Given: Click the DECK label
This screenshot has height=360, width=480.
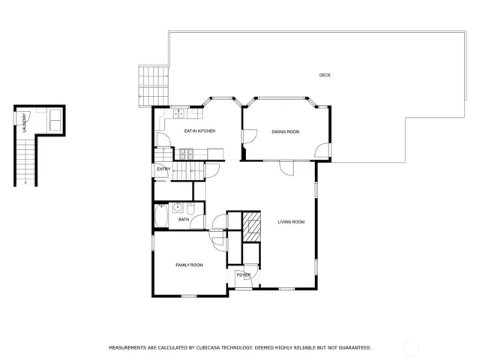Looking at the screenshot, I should [x=325, y=75].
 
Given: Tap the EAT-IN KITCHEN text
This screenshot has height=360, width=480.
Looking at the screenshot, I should [x=199, y=131].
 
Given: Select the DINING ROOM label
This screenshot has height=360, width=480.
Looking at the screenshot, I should [x=285, y=132].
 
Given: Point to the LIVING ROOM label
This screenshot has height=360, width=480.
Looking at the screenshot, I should [x=291, y=221].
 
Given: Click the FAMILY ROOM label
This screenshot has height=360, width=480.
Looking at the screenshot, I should [x=189, y=265].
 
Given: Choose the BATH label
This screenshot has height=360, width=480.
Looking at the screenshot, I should [x=183, y=220].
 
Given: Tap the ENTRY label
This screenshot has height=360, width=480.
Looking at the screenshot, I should [x=163, y=169].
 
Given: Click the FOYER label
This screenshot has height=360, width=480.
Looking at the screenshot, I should [x=244, y=275].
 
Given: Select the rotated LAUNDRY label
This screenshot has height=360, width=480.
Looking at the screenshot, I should [x=24, y=121].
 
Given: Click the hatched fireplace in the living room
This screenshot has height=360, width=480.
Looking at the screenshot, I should [x=253, y=226].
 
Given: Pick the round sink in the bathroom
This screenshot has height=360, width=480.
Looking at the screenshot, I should [x=178, y=208].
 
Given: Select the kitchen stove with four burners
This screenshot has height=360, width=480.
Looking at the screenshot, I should [x=185, y=155].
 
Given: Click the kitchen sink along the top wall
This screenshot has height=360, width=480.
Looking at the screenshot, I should [x=181, y=115].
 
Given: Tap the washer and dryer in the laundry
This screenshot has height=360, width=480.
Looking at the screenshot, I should [x=55, y=120].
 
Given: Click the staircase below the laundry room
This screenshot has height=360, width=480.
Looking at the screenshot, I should [x=25, y=162].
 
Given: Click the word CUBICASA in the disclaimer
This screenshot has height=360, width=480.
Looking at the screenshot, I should [x=214, y=348].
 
